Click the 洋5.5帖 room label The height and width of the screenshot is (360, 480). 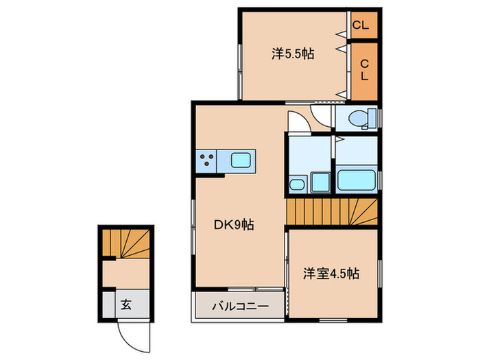pos(293,53)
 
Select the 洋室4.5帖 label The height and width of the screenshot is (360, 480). pos(332,274)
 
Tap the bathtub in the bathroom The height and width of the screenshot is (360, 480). pos(357,181)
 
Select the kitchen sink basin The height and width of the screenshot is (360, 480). pos(241,162)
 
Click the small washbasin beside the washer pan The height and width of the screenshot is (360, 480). pos(296,184)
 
